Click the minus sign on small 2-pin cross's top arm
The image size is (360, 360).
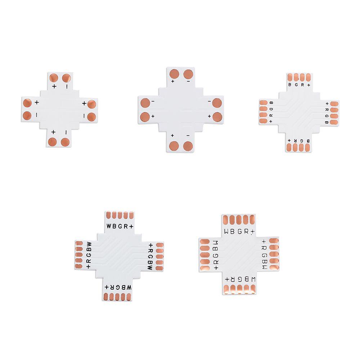[x=67, y=86]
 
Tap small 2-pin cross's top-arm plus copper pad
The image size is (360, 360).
[x=54, y=78]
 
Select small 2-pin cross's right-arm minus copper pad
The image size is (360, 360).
[x=91, y=117]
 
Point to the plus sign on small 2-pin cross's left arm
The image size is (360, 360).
[x=37, y=102]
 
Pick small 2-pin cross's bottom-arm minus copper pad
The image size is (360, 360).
[x=66, y=142]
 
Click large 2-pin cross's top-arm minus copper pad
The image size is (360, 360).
[x=188, y=75]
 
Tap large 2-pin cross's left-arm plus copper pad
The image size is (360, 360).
[x=145, y=117]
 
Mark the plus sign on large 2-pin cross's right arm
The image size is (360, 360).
[x=209, y=116]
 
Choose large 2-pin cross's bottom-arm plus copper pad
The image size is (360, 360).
[x=174, y=146]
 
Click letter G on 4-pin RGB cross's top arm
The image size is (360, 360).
[x=296, y=85]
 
